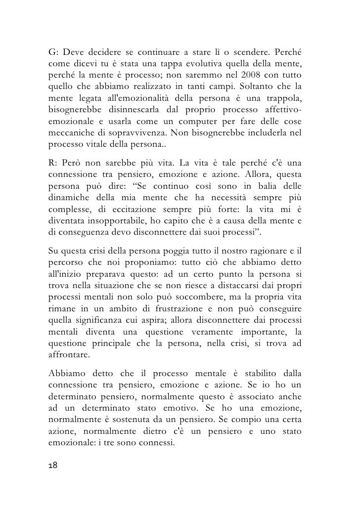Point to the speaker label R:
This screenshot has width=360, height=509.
pos(53,163)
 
